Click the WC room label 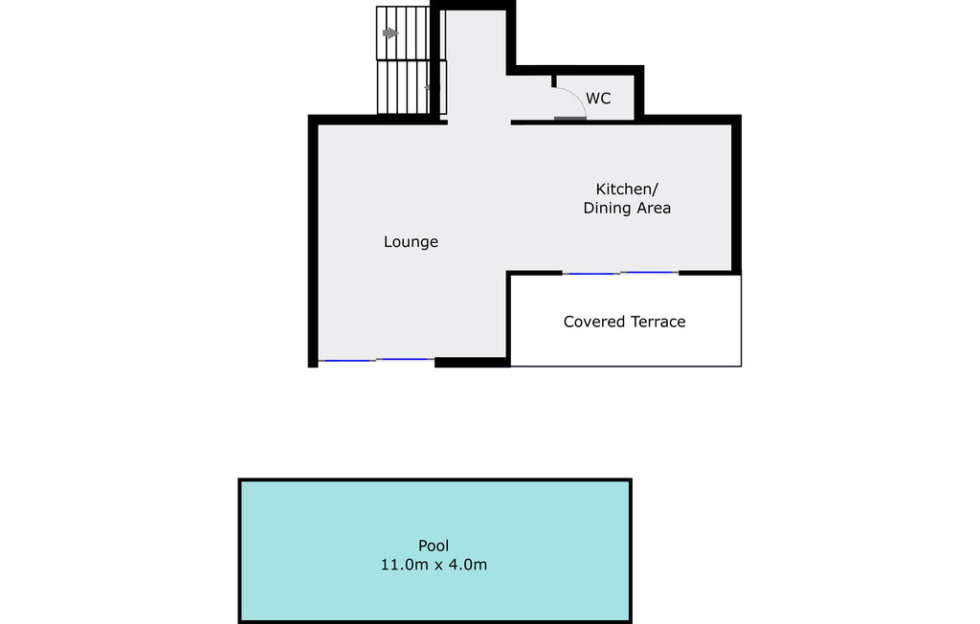point(598,99)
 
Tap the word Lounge point(411,242)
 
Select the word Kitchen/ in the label point(627,189)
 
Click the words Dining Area point(627,208)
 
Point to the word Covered point(593,322)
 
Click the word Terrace point(656,322)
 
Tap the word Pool point(434,546)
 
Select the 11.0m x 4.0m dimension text point(434,565)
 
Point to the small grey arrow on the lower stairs point(428,87)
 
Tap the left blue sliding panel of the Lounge point(345,361)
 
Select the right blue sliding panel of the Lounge point(405,360)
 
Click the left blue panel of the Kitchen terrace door point(590,274)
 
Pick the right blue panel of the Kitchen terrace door point(649,273)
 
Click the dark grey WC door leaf point(570,119)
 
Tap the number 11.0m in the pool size point(400,565)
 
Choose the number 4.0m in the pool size point(468,565)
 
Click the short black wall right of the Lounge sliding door point(471,362)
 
